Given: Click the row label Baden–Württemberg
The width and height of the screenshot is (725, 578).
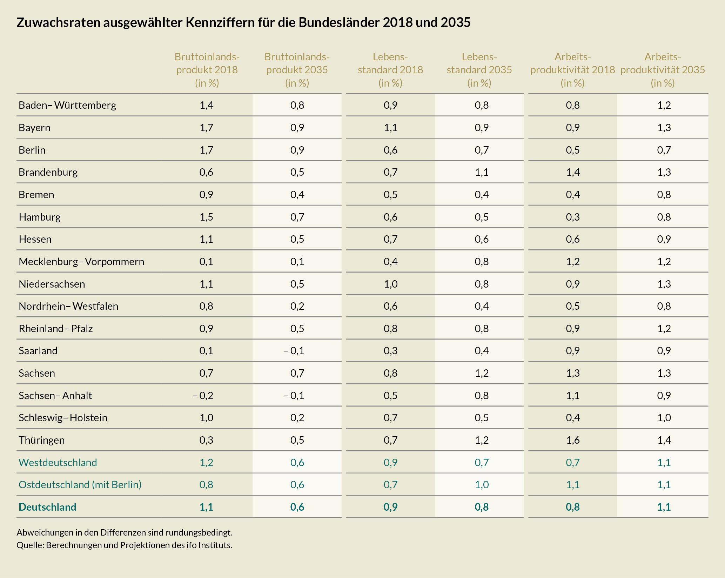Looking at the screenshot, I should click(x=67, y=105).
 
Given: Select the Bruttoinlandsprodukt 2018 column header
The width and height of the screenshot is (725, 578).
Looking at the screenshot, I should click(x=207, y=69).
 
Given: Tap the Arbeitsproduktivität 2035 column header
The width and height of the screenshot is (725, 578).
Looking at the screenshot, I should click(x=663, y=69).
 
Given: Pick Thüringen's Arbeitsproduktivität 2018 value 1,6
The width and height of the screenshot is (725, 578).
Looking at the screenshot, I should click(x=572, y=440).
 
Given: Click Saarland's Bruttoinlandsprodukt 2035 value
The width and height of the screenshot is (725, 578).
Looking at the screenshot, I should click(x=294, y=351).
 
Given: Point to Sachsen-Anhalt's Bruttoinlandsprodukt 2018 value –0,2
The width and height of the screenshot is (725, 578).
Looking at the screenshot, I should click(x=203, y=395).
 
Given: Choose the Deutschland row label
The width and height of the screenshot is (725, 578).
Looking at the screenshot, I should click(x=47, y=507).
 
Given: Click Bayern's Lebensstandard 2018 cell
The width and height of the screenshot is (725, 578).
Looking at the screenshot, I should click(x=390, y=127).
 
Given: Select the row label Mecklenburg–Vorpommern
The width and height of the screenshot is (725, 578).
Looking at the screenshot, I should click(x=81, y=262).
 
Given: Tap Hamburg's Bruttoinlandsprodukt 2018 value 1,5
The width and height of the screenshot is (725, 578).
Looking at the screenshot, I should click(x=206, y=217).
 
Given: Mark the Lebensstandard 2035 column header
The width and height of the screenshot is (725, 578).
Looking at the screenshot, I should click(x=479, y=69).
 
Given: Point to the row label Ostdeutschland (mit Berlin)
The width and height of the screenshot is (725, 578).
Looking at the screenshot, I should click(x=80, y=484).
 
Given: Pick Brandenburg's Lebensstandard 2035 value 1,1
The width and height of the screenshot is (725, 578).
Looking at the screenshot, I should click(x=482, y=172).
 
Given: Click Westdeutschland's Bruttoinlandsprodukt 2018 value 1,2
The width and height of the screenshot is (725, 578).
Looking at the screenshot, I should click(x=206, y=462).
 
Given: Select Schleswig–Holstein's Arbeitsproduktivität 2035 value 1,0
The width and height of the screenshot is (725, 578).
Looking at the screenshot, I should click(x=664, y=418).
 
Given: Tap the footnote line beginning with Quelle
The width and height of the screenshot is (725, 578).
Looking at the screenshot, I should click(x=124, y=545).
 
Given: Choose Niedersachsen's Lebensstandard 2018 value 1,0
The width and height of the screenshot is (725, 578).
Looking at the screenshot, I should click(x=390, y=284).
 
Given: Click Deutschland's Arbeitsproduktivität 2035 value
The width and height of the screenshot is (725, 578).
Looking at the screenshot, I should click(x=664, y=507).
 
